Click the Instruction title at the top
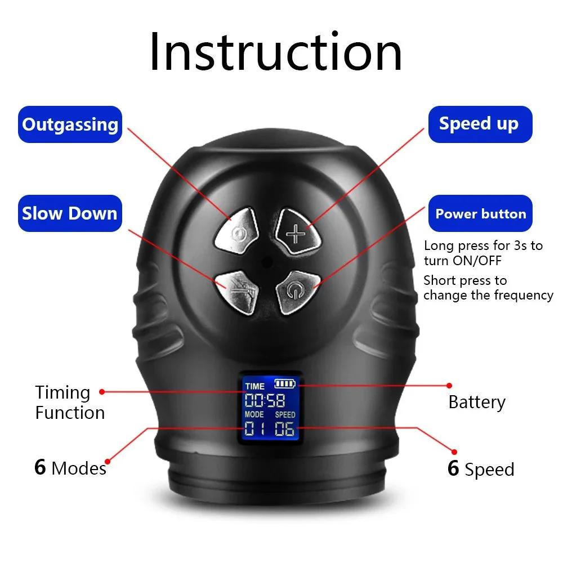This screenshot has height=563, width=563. tap(276, 52)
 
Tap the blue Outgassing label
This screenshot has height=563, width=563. tap(70, 124)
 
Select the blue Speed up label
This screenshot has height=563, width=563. tap(479, 124)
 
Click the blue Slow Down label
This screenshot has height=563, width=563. tap(70, 213)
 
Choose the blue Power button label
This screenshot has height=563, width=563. tap(480, 214)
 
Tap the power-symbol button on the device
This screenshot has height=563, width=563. tap(294, 291)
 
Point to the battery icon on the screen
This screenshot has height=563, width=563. tap(285, 384)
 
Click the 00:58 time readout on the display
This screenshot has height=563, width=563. tap(265, 401)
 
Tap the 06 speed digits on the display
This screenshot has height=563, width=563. tap(284, 430)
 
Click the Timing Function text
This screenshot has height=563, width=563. tap(70, 403)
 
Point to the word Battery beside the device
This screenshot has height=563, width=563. tap(477, 402)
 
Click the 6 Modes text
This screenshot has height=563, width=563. tap(70, 468)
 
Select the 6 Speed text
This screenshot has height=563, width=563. tap(481, 469)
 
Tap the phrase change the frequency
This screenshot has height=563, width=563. tap(488, 295)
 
